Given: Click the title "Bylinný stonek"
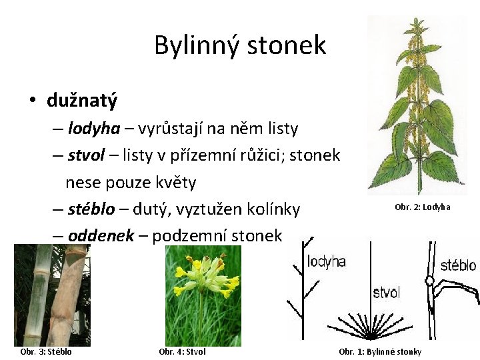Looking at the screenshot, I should [240, 45].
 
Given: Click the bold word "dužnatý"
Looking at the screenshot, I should [82, 101].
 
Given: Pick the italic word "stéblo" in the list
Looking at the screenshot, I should [92, 209].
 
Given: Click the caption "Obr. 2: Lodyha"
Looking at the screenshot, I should [423, 207].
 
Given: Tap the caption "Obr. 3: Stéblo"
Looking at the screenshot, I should [46, 352].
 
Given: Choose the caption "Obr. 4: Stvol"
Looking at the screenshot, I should [183, 352].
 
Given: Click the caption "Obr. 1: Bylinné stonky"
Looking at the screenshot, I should [380, 352].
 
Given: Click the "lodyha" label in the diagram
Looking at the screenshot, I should [326, 261].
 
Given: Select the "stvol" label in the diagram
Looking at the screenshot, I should [386, 293].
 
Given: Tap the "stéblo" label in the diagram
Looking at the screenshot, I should [458, 265].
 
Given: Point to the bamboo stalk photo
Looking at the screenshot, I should [52, 293].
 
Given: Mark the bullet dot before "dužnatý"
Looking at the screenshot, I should [31, 101].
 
